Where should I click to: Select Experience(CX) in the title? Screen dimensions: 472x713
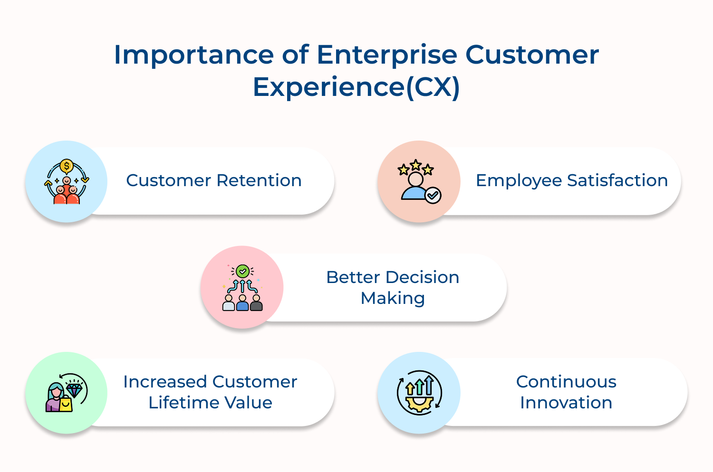356,87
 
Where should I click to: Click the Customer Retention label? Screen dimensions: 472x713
213,180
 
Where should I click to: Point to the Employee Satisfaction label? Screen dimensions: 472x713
571,180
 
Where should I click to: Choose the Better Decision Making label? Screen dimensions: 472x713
393,287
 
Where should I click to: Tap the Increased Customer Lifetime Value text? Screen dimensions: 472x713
210,392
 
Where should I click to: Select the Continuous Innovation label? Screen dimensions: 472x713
566,392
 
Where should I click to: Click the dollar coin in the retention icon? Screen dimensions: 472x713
67,166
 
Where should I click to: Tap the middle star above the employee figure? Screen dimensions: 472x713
416,165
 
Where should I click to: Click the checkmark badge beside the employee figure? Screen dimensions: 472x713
433,195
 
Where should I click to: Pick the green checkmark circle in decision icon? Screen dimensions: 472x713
242,271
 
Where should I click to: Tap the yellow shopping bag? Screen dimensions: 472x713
65,405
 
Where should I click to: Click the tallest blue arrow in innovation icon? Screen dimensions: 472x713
429,385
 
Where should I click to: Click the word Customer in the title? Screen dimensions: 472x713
532,55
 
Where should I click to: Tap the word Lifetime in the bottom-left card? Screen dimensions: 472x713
183,403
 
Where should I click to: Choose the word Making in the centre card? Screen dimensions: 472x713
393,298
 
